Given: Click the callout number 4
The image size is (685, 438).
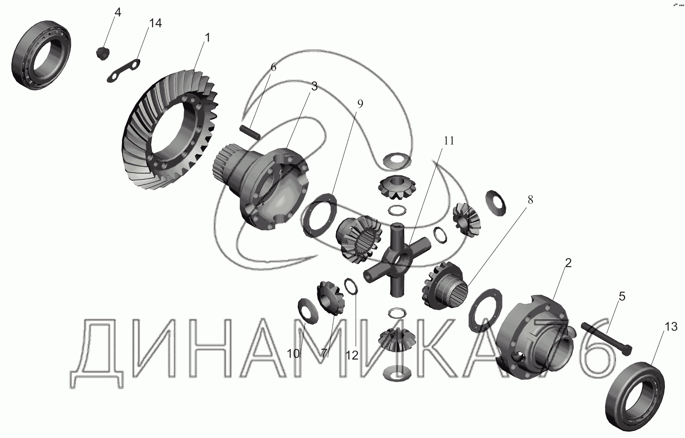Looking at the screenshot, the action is (x=118, y=12).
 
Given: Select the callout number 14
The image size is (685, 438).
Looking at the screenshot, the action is (x=155, y=23).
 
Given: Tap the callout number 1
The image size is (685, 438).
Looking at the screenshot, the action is (x=208, y=38).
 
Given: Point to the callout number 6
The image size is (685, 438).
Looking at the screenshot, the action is (x=274, y=67).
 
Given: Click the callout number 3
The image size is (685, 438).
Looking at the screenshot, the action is (x=314, y=86).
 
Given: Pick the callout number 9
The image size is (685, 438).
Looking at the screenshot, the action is (x=360, y=104).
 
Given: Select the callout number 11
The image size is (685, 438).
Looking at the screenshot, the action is (x=449, y=141).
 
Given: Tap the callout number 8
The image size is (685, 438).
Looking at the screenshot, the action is (x=530, y=200).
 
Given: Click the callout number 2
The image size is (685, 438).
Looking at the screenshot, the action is (x=568, y=263).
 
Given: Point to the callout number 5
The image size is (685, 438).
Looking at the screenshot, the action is (x=622, y=296).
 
